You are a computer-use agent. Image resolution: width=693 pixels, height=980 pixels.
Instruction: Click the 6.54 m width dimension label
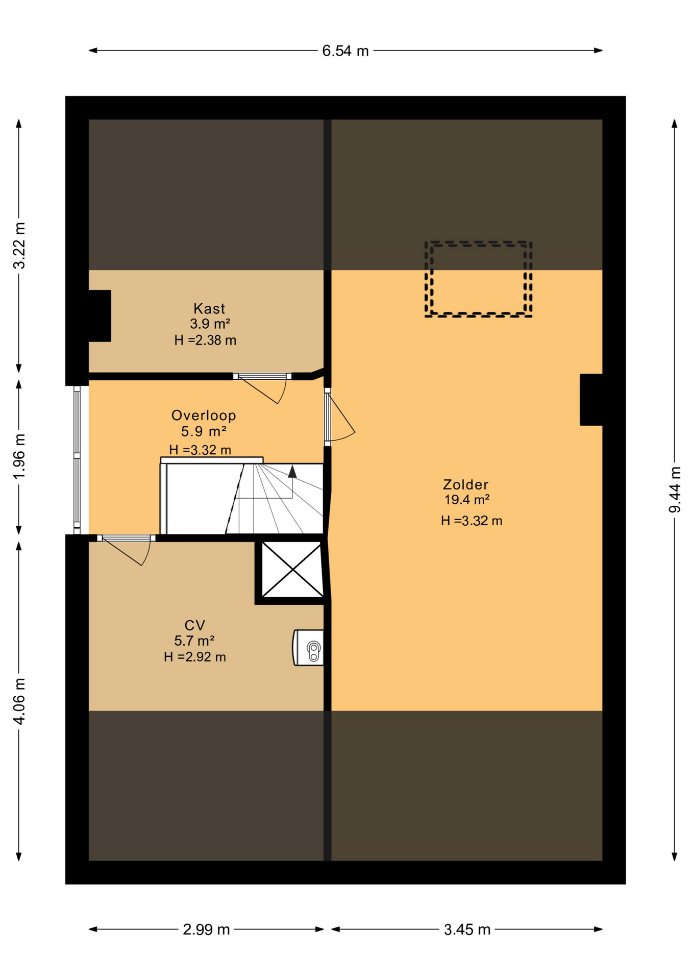click(345, 51)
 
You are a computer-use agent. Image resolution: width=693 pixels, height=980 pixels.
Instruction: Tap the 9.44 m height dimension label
click(675, 489)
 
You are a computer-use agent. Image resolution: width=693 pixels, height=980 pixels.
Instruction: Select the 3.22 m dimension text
click(19, 246)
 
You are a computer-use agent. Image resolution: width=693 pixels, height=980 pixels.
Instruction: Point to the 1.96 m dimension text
click(19, 457)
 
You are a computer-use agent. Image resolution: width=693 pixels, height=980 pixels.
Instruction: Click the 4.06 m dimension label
click(19, 701)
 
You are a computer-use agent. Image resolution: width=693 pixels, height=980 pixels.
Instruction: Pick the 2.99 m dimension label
click(206, 929)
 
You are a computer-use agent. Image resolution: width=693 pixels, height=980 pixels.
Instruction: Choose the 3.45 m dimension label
click(467, 929)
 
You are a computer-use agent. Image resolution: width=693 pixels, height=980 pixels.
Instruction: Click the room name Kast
click(209, 309)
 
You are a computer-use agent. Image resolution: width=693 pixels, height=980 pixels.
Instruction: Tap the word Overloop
click(204, 415)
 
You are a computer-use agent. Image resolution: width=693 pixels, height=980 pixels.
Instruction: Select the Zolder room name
click(465, 484)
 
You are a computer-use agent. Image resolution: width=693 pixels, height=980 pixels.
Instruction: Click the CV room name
click(194, 625)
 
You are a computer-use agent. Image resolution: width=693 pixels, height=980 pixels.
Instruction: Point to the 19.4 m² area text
click(467, 500)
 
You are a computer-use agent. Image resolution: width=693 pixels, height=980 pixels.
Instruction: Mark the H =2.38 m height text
click(205, 340)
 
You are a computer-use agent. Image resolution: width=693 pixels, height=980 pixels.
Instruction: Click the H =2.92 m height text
click(195, 657)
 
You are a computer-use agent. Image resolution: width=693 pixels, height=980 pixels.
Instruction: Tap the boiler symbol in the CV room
click(309, 648)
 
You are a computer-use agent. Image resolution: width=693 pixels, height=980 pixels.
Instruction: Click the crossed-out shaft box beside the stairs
click(292, 570)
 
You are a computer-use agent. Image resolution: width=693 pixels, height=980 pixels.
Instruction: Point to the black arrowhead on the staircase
click(292, 472)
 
